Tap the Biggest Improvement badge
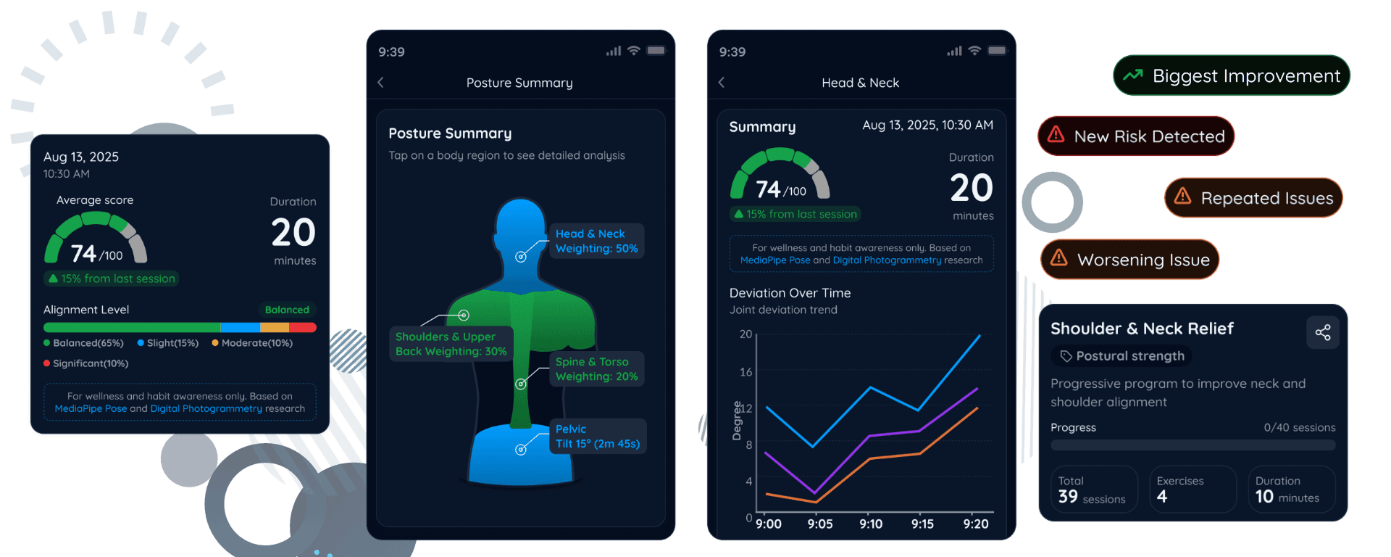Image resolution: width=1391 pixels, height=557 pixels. coord(1231,75)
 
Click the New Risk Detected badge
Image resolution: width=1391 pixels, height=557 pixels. coord(1136,136)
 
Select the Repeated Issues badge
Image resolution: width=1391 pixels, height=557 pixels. coord(1253,197)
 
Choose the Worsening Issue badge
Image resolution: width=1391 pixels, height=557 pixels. coord(1129,259)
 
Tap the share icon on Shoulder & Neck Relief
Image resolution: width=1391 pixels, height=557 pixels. coord(1323,332)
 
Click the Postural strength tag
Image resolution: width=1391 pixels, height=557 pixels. coord(1122,356)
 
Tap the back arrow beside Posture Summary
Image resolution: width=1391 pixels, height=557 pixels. coord(381,83)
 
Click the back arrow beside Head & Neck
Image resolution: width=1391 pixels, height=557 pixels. coord(722,83)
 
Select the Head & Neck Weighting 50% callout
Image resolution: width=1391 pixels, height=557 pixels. coord(596,241)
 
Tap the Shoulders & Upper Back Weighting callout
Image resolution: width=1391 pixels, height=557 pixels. coord(451,344)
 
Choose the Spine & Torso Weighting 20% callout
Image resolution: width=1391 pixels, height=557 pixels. coord(596,369)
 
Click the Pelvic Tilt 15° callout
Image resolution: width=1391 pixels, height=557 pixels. coord(598,437)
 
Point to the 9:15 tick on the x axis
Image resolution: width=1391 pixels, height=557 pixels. coord(922,524)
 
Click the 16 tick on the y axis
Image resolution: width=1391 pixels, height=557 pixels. coord(745,372)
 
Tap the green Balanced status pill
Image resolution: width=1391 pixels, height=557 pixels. coord(287,310)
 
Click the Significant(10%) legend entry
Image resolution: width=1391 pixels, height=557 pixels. coord(86,363)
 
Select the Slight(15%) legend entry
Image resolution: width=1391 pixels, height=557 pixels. coord(168,343)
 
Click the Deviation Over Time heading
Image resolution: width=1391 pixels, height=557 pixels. coord(790,293)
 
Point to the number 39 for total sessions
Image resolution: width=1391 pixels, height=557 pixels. coord(1068,497)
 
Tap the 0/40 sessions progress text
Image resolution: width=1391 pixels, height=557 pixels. coord(1300,428)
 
